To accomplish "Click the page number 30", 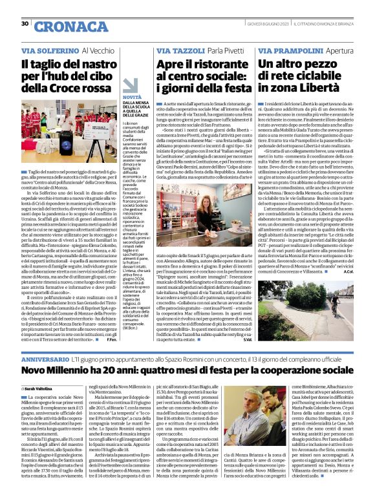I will [x=25, y=24].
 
